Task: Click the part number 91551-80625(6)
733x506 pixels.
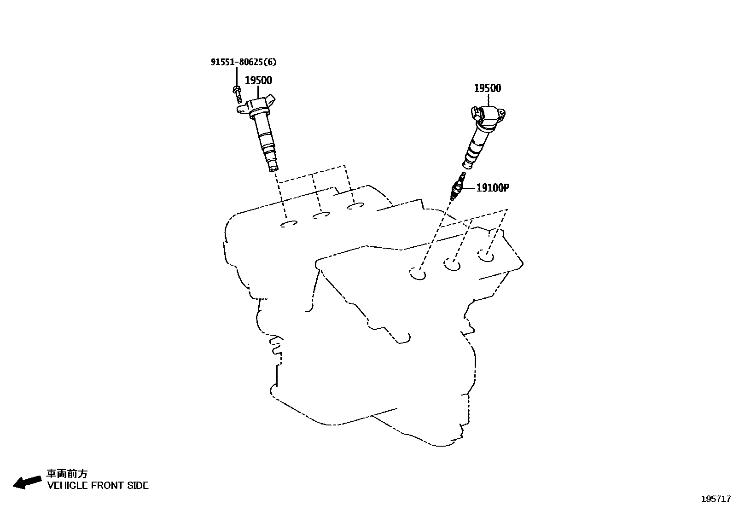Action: pyautogui.click(x=244, y=62)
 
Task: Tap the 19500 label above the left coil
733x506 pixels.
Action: pyautogui.click(x=258, y=80)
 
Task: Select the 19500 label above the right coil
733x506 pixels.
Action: pyautogui.click(x=488, y=88)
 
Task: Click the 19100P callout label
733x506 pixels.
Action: pyautogui.click(x=493, y=188)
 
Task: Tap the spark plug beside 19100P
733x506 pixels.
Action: pyautogui.click(x=457, y=186)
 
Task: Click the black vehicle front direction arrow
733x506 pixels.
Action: pyautogui.click(x=27, y=483)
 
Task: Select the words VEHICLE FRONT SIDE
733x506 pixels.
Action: pyautogui.click(x=98, y=485)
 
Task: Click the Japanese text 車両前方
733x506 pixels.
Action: pyautogui.click(x=67, y=474)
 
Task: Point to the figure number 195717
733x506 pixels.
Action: pyautogui.click(x=716, y=499)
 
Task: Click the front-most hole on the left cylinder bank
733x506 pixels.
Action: pyautogui.click(x=289, y=224)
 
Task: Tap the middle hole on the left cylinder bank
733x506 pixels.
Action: pyautogui.click(x=320, y=215)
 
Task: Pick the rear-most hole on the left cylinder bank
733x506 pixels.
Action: pyautogui.click(x=355, y=206)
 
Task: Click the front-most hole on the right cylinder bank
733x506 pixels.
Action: pyautogui.click(x=418, y=273)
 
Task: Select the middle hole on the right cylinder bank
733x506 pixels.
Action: pyautogui.click(x=452, y=264)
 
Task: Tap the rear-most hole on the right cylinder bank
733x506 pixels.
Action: pyautogui.click(x=486, y=255)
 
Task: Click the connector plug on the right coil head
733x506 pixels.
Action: pyautogui.click(x=476, y=113)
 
